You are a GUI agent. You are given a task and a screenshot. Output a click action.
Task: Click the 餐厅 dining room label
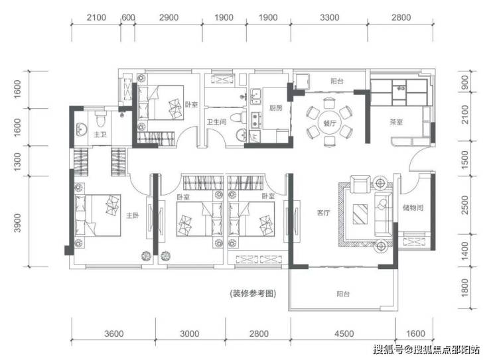pos(330,123)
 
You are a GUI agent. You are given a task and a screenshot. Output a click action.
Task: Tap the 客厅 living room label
pos(324,213)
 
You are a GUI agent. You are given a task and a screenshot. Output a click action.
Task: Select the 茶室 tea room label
pos(396,122)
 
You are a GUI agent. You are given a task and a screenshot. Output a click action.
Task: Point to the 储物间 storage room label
pos(413,208)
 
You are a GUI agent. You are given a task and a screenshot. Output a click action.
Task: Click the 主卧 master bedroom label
pos(133,215)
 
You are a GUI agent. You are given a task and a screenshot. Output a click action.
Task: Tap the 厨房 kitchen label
pos(275,108)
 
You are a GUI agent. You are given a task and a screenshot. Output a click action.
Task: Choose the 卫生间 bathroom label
pos(216,122)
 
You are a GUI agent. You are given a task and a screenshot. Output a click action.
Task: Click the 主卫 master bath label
pos(100,135)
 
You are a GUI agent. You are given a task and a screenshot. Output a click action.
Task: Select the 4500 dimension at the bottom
pos(344,333)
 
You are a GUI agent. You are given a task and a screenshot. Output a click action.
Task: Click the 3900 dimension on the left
pos(17,223)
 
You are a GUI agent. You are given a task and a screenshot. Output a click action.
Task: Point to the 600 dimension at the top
pos(128,17)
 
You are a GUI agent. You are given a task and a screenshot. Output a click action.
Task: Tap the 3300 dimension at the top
pos(329,17)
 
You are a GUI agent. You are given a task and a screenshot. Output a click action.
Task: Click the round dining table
pos(330,123)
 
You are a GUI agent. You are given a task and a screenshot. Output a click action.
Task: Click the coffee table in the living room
pos(360,214)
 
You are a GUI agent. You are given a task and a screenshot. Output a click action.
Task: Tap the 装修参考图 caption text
pos(253,294)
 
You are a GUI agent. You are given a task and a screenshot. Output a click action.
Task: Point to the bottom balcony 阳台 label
pos(343,294)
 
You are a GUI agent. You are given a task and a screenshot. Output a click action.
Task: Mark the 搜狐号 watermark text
pos(388,349)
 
